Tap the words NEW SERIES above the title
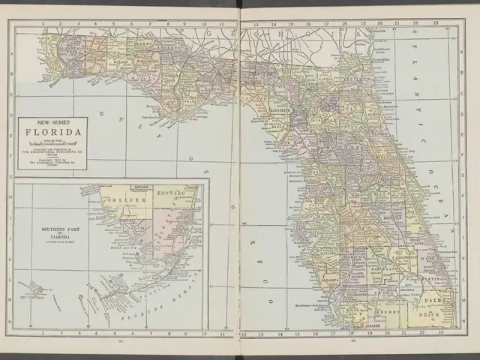[52, 124]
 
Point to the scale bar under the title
[52, 142]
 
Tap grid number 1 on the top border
[43, 23]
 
